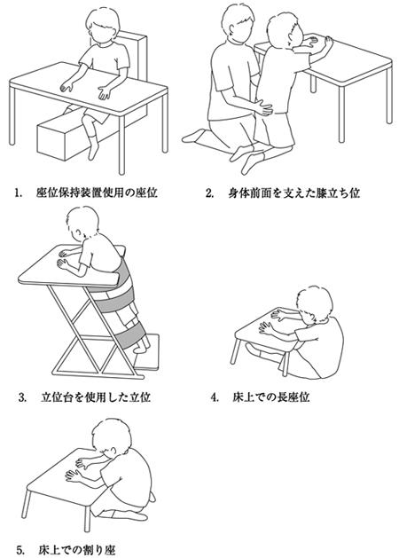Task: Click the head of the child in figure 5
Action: [x=112, y=437]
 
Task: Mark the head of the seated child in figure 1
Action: [x=103, y=25]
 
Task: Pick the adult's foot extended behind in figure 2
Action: [x=194, y=137]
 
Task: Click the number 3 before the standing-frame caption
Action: [x=23, y=397]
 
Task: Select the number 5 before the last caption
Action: [x=20, y=549]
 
